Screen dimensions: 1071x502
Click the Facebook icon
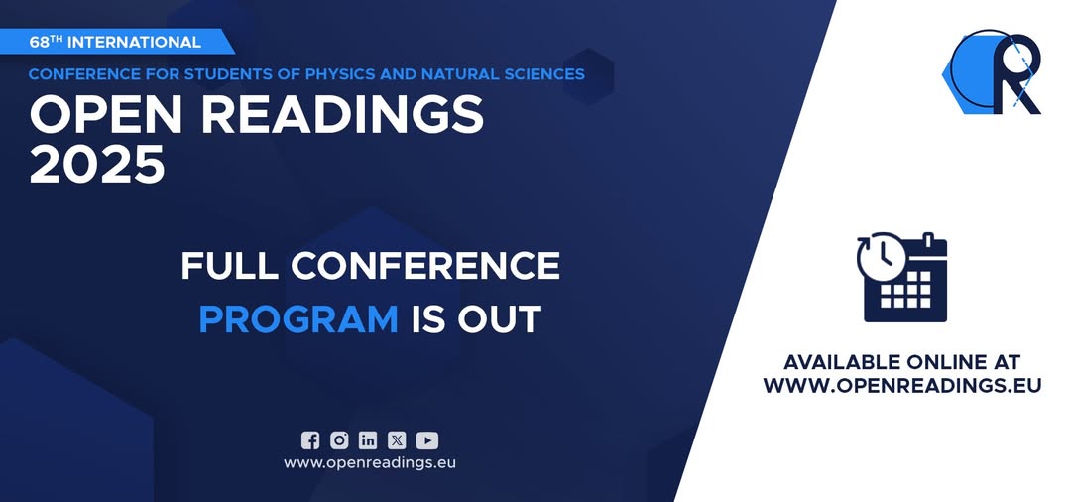pos(310,440)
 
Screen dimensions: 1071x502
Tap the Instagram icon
pos(339,440)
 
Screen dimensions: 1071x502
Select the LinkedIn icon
pos(368,440)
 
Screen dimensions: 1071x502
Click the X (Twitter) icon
pos(397,440)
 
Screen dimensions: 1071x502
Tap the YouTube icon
pos(426,440)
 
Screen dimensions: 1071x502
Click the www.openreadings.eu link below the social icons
pos(370,463)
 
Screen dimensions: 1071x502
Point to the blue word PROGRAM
pos(298,318)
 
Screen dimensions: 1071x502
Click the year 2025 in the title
pos(97,164)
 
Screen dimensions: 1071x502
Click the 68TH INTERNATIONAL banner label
pos(115,42)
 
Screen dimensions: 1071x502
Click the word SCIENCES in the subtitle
pos(543,73)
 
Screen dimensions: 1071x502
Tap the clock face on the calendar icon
pos(882,256)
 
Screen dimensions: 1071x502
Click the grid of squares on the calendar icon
pos(905,290)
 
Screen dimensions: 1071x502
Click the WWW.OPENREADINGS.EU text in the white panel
pos(902,385)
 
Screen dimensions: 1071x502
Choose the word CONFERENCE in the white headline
pos(425,266)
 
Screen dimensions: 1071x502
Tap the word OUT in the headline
pos(499,318)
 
